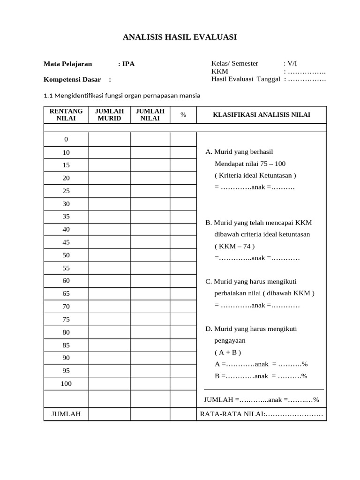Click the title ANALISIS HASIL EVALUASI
(180, 37)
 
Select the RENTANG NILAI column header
(66, 115)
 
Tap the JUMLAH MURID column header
(109, 115)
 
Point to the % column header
(183, 115)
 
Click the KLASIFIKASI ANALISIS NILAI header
(262, 115)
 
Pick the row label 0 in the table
(66, 139)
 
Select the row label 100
(66, 384)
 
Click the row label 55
(66, 268)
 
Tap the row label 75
(66, 319)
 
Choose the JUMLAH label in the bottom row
(66, 414)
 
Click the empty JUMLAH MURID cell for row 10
(109, 152)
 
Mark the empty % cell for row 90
(183, 358)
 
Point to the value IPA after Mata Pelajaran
(128, 64)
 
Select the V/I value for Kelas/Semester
(292, 64)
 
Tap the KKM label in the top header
(220, 71)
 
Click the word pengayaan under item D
(230, 340)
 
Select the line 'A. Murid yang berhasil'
(239, 152)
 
